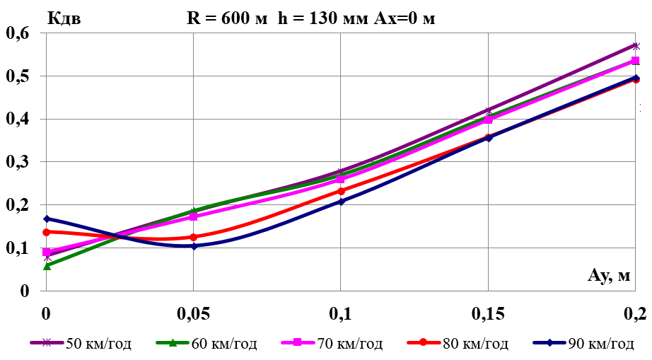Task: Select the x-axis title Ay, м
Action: (608, 275)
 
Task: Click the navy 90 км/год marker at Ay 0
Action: (47, 219)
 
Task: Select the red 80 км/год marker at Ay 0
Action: (47, 232)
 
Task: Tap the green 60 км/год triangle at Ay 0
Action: (47, 266)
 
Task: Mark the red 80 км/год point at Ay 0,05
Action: (194, 237)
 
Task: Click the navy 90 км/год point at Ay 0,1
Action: (341, 202)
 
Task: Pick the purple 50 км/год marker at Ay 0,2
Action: (636, 46)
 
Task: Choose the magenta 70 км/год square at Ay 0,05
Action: (194, 216)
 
